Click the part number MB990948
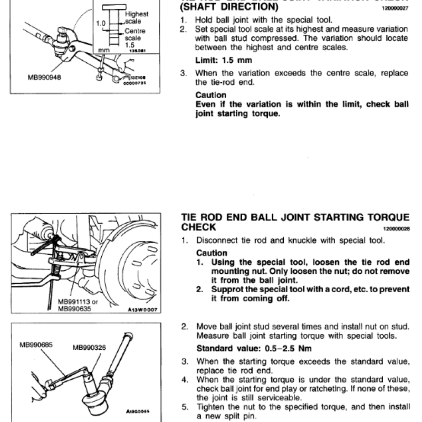(44, 76)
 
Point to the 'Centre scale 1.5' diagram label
(135, 38)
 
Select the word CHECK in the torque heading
(198, 227)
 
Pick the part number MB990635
(74, 310)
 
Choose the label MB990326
(89, 348)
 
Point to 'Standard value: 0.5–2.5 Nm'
(254, 349)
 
